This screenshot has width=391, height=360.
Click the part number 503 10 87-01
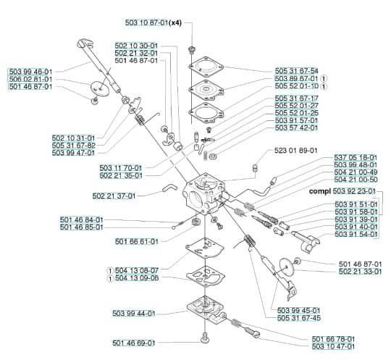(x=146, y=22)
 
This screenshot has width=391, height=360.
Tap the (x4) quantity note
(x=175, y=22)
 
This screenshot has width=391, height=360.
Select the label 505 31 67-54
(x=296, y=71)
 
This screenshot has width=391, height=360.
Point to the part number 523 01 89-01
(x=295, y=151)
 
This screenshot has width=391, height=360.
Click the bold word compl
(x=320, y=191)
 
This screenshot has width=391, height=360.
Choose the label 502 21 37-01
(x=114, y=196)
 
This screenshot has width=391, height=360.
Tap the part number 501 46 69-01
(x=134, y=343)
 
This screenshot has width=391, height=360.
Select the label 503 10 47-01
(x=333, y=346)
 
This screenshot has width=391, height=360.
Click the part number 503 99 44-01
(x=134, y=314)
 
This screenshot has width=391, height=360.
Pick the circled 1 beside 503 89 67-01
(x=324, y=78)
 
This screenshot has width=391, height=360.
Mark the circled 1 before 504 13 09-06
(x=110, y=278)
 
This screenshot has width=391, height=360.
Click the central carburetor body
(x=203, y=194)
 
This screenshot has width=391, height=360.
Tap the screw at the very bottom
(x=204, y=338)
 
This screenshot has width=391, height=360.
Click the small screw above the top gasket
(x=192, y=50)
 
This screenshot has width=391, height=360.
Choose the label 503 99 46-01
(x=30, y=72)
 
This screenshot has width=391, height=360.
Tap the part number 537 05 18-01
(x=356, y=158)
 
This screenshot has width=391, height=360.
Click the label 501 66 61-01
(x=137, y=241)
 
